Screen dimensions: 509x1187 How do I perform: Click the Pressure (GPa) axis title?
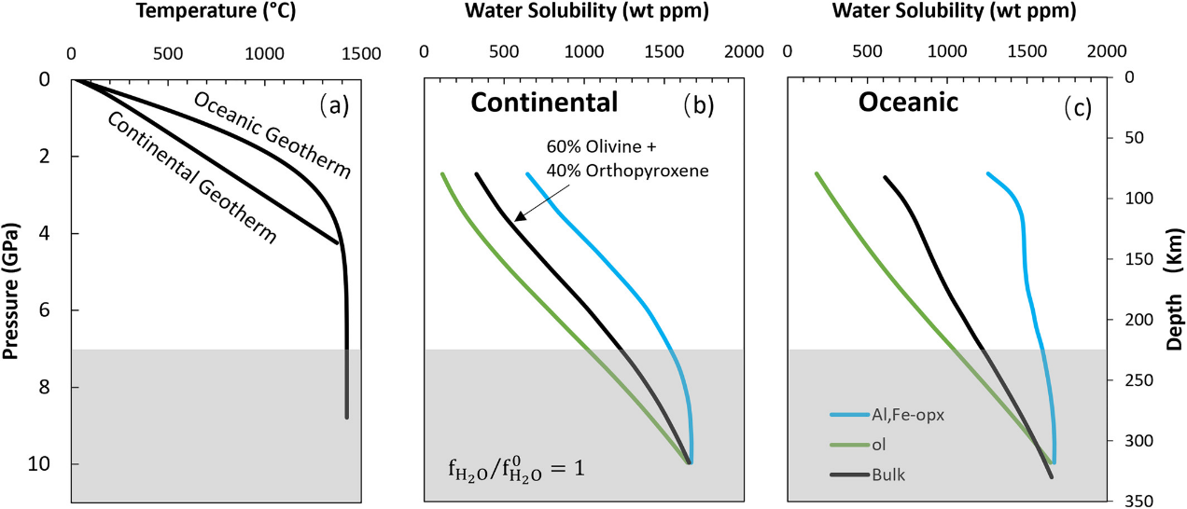pyautogui.click(x=12, y=291)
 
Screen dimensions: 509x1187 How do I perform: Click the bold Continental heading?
pyautogui.click(x=543, y=103)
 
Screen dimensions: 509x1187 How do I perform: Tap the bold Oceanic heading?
pyautogui.click(x=908, y=103)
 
